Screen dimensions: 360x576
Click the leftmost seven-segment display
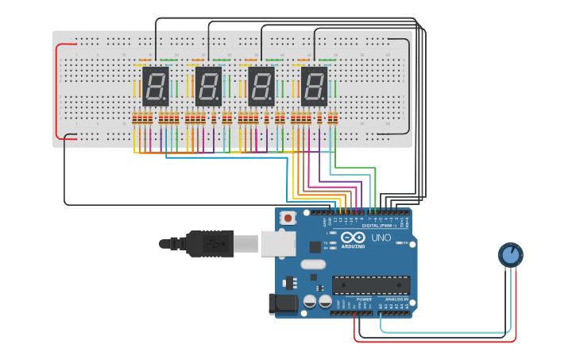155,86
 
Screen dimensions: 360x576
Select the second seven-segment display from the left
208,86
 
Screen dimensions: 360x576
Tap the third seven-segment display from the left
261,86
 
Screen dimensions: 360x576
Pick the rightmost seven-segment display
314,86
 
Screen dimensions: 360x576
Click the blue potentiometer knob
511,254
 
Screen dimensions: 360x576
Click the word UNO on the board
381,238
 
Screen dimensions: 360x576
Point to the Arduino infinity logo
353,238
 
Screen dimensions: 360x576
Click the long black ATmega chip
371,285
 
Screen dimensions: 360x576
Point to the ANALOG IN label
395,300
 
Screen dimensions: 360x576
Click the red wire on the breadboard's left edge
56,91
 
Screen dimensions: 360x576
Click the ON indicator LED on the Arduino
400,242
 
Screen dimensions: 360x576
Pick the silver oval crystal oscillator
313,264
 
